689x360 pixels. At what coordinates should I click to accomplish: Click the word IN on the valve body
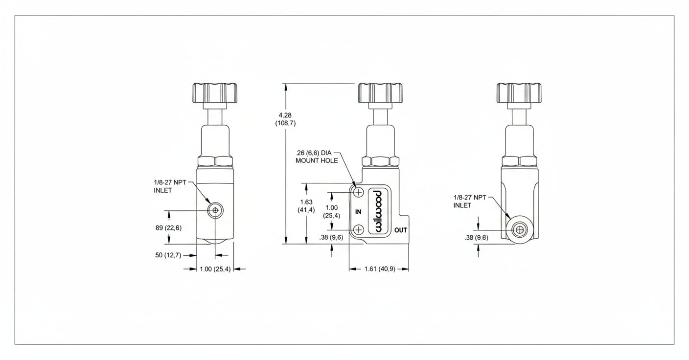click(x=358, y=212)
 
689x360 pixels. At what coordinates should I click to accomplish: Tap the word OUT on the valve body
click(x=401, y=230)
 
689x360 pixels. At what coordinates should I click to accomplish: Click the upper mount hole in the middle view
click(x=359, y=192)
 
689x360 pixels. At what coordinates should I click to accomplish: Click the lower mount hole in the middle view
click(x=359, y=229)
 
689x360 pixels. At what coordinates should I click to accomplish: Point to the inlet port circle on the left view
click(x=214, y=211)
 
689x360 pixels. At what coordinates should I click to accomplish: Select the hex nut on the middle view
click(x=381, y=161)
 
